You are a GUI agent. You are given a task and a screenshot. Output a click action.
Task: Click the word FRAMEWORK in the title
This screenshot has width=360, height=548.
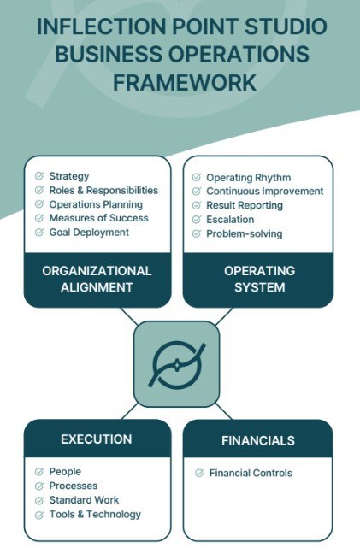pyautogui.click(x=185, y=82)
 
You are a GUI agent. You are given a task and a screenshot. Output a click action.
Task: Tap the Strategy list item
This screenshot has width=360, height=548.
pyautogui.click(x=69, y=176)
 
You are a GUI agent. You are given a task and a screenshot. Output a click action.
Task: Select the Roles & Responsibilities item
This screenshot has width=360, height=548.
pyautogui.click(x=103, y=190)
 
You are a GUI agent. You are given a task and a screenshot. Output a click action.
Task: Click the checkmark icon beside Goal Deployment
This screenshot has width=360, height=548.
pyautogui.click(x=39, y=232)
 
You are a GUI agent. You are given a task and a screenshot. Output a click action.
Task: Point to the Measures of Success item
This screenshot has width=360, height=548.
pyautogui.click(x=98, y=218)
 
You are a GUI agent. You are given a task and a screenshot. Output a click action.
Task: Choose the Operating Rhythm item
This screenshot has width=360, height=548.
pyautogui.click(x=249, y=178)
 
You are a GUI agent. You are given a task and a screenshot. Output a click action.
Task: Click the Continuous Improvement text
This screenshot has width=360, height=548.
pyautogui.click(x=264, y=192)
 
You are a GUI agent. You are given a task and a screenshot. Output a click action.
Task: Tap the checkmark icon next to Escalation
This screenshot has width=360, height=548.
pyautogui.click(x=197, y=220)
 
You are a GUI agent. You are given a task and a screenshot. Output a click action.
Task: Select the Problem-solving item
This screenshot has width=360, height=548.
pyautogui.click(x=245, y=233)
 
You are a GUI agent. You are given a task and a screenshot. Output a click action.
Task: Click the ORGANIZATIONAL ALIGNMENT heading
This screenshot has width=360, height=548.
pyautogui.click(x=97, y=279)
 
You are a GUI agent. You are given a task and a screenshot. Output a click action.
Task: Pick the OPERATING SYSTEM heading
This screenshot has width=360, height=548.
pyautogui.click(x=259, y=279)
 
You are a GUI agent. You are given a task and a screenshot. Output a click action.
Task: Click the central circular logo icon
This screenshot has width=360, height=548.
pyautogui.click(x=177, y=365)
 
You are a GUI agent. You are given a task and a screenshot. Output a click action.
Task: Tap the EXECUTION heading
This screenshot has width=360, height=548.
pyautogui.click(x=97, y=439)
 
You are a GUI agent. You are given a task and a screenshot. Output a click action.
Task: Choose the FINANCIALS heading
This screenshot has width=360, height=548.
pyautogui.click(x=258, y=440)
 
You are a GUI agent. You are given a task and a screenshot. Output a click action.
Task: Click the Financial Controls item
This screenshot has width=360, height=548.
pyautogui.click(x=251, y=474)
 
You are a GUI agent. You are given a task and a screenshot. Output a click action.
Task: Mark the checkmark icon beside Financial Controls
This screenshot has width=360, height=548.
pyautogui.click(x=199, y=474)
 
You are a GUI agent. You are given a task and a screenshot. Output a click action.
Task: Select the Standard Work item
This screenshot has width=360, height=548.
pyautogui.click(x=84, y=500)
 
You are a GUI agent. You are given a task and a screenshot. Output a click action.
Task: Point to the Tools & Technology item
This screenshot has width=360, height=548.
pyautogui.click(x=95, y=515)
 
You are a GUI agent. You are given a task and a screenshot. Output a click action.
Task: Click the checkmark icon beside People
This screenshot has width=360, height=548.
pyautogui.click(x=39, y=472)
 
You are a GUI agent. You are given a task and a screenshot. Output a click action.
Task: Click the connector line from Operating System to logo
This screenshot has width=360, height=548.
pyautogui.click(x=224, y=316)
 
